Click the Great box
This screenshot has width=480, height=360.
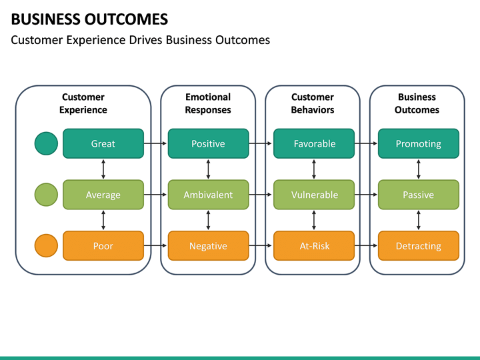[103, 143]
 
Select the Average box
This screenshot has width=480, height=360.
[103, 195]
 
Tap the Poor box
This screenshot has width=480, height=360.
[103, 246]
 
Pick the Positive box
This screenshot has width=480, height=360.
[208, 143]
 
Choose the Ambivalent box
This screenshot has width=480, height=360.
[208, 195]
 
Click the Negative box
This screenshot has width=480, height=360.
[208, 246]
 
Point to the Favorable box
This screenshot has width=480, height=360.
[314, 143]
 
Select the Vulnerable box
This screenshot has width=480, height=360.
[314, 195]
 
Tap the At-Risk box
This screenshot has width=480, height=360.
[314, 246]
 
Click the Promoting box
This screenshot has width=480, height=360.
[418, 143]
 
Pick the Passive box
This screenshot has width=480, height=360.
[418, 195]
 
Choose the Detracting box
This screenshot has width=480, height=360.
[418, 246]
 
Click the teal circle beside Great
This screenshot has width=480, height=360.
[46, 143]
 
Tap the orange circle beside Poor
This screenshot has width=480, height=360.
[46, 246]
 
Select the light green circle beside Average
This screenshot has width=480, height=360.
[46, 195]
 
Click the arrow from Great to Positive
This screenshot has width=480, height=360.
[155, 143]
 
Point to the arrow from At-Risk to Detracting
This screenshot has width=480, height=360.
[365, 246]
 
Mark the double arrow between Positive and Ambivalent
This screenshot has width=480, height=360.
[209, 169]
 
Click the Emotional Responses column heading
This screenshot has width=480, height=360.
[208, 103]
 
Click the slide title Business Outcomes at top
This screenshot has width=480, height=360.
[90, 19]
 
